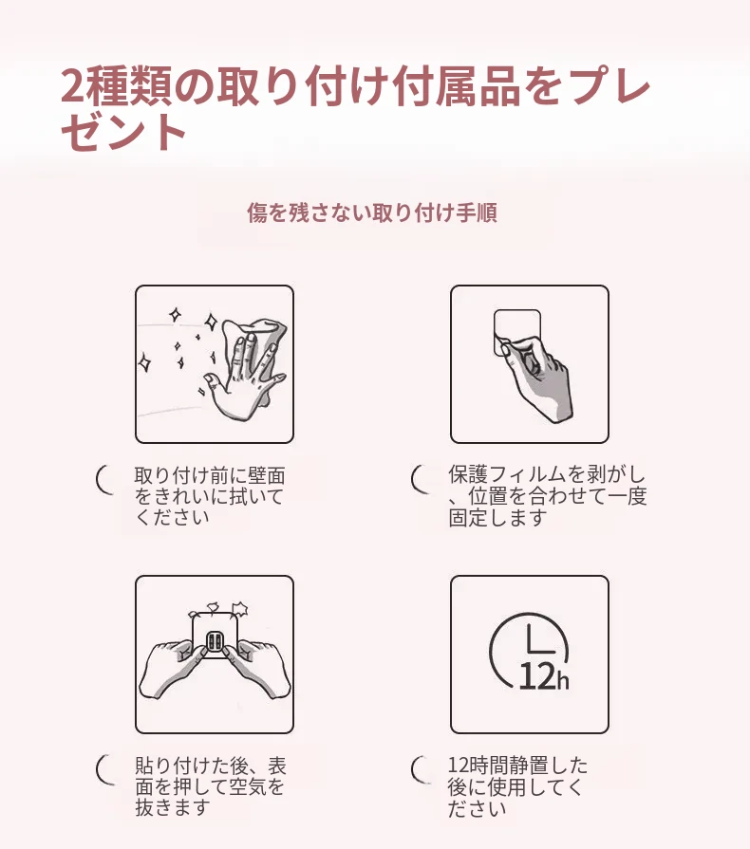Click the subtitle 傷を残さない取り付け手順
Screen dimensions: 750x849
[372, 212]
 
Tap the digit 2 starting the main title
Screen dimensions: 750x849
[73, 85]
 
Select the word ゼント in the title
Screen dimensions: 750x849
[124, 132]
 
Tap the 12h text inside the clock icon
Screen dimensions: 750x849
[544, 676]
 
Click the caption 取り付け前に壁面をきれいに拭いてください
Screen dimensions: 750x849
[209, 496]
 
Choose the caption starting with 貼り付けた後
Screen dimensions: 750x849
[210, 786]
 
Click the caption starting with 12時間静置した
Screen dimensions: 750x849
[517, 786]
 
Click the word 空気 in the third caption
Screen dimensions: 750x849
[247, 786]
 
